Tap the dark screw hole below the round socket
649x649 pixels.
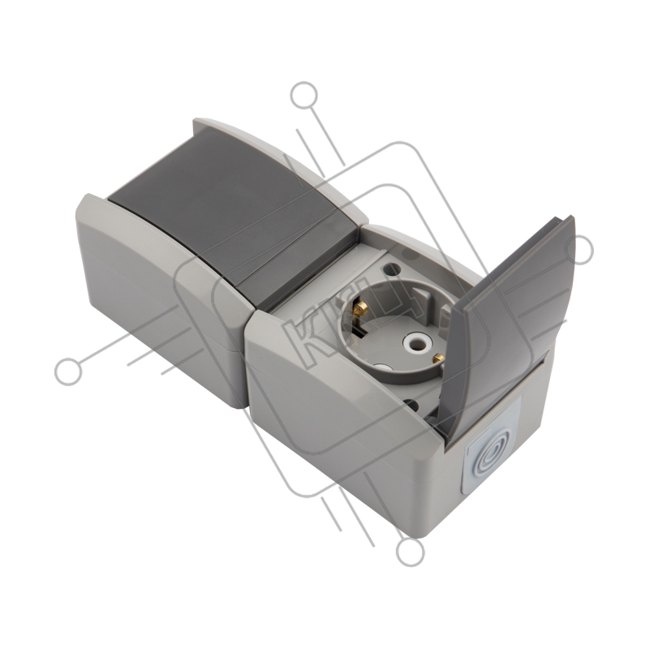point(412,403)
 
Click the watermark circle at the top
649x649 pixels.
point(305,96)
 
